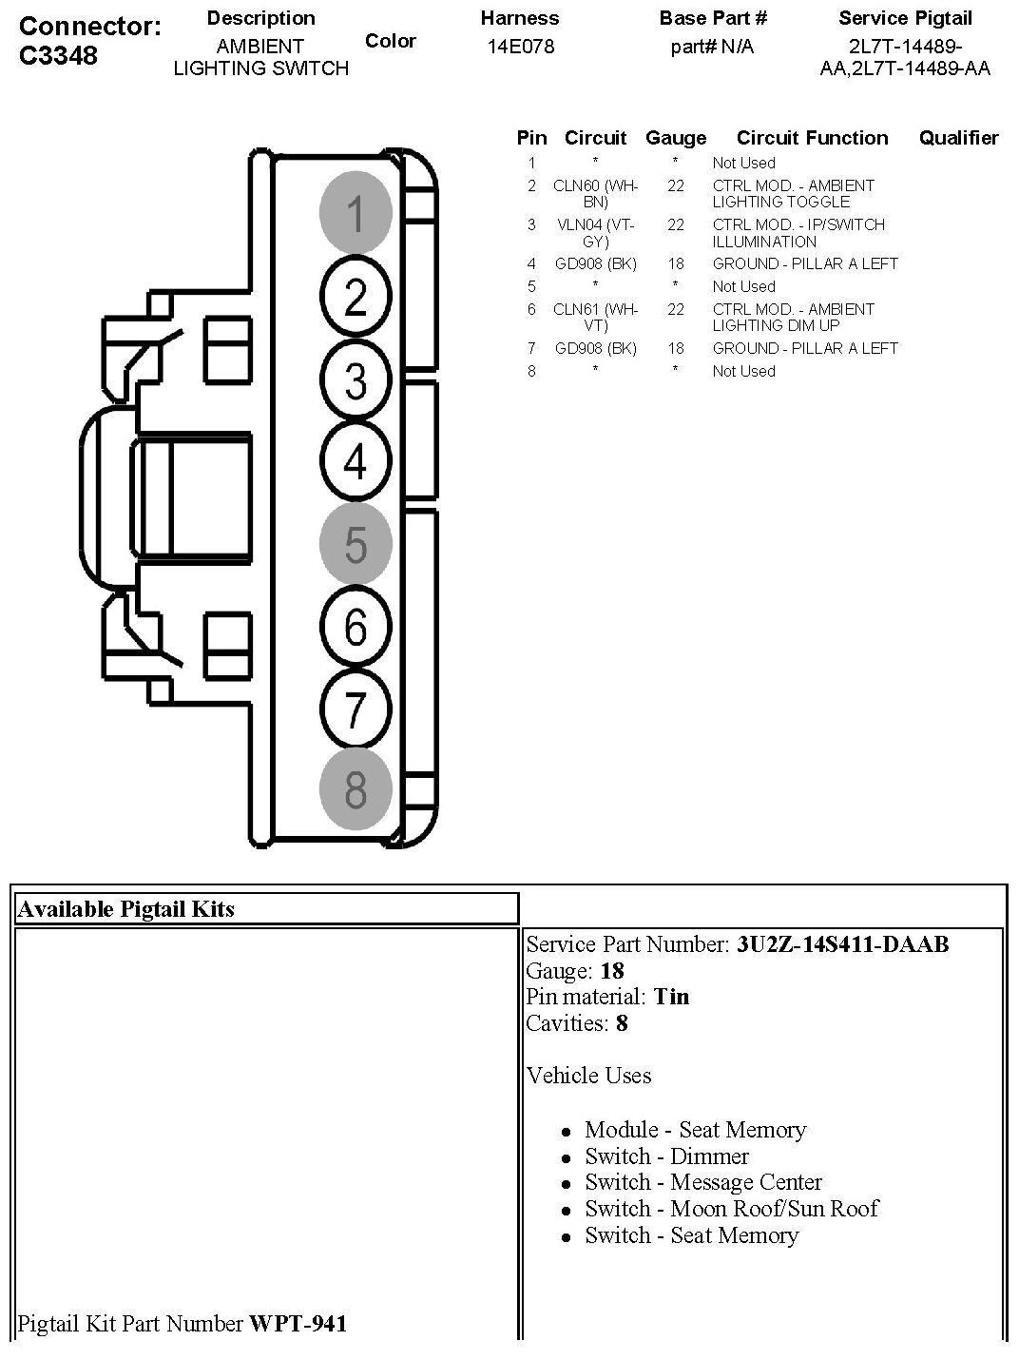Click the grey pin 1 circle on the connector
point(356,212)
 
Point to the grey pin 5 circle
point(356,544)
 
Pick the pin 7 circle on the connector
point(356,709)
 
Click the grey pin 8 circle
point(356,789)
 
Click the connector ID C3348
point(59,55)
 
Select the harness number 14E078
point(520,46)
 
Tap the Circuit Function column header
point(812,138)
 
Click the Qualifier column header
point(958,138)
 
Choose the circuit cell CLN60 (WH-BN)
point(595,193)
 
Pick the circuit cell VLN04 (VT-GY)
point(595,233)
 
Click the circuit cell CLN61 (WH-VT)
point(595,317)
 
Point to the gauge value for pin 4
point(675,263)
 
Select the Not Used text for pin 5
point(743,286)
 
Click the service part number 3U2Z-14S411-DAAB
point(842,944)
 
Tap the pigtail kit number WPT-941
point(298,1323)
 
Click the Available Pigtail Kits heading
point(126,909)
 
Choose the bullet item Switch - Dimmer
point(666,1156)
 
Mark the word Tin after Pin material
point(671,997)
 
